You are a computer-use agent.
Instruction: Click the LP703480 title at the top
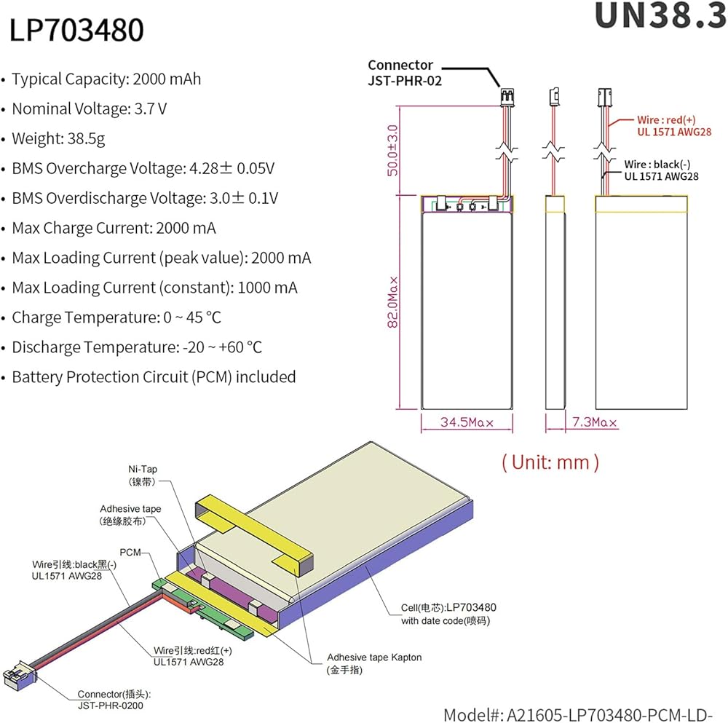pyautogui.click(x=76, y=31)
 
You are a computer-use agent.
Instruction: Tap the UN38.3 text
pyautogui.click(x=660, y=16)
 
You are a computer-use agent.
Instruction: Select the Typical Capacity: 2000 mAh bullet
pyautogui.click(x=106, y=79)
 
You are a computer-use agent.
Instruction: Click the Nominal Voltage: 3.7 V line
pyautogui.click(x=90, y=109)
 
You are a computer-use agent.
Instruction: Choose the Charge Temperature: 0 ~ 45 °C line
pyautogui.click(x=116, y=317)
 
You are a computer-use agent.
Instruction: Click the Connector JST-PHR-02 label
pyautogui.click(x=405, y=73)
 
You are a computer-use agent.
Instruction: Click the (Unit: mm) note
pyautogui.click(x=550, y=461)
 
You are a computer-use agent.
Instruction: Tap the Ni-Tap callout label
pyautogui.click(x=142, y=475)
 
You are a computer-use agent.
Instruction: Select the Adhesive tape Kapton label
pyautogui.click(x=373, y=663)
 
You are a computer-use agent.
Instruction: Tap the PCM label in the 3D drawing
pyautogui.click(x=131, y=553)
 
